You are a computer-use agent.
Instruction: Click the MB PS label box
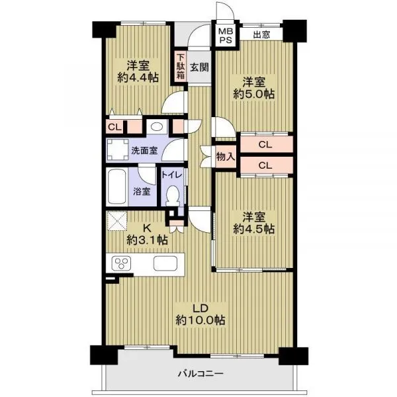click(226, 36)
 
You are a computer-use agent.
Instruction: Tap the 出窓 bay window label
click(261, 34)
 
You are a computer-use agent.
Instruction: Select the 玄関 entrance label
click(199, 67)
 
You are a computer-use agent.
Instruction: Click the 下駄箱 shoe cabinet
click(181, 67)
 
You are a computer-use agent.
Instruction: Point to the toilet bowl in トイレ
click(173, 196)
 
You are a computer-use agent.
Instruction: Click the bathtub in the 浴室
click(116, 187)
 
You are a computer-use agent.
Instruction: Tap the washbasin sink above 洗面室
click(157, 126)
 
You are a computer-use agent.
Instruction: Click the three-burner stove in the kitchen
click(122, 263)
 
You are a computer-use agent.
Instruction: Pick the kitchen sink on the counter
click(165, 263)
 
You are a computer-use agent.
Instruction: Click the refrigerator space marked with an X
click(116, 221)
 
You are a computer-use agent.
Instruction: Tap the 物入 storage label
click(226, 157)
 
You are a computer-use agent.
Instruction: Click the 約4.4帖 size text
click(138, 77)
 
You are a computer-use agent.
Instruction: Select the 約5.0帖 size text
click(254, 95)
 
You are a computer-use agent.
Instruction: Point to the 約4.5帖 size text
click(254, 229)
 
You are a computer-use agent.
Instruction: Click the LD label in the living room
click(200, 308)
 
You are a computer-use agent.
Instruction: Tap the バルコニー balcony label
click(201, 373)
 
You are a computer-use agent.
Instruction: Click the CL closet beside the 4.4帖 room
click(115, 127)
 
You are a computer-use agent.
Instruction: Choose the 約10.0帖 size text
click(200, 320)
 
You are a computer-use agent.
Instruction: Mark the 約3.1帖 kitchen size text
click(147, 240)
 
